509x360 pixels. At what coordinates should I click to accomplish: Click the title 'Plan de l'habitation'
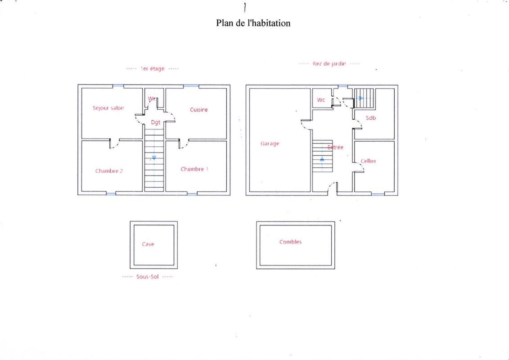pos(253,23)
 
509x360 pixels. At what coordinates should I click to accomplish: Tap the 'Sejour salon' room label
pos(108,108)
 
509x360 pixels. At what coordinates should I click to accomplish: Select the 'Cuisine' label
pos(198,110)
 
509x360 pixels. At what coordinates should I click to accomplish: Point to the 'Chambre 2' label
pos(109,171)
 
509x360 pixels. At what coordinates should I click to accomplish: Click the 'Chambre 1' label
pos(194,169)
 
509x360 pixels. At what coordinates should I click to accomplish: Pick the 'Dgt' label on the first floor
pos(156,122)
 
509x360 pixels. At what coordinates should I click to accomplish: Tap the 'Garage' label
pos(270,144)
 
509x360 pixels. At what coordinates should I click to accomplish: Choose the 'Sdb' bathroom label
pos(371,118)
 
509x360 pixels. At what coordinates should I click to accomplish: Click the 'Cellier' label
pos(368,161)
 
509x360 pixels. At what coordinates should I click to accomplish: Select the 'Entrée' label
pos(335,147)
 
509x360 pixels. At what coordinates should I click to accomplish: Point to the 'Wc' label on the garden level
pos(320,100)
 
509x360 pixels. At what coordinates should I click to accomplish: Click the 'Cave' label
pos(148,244)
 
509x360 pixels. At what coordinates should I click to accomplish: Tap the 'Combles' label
pos(290,242)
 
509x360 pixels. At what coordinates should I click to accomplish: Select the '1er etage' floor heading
pos(152,69)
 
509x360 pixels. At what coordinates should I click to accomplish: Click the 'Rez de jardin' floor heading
pos(329,64)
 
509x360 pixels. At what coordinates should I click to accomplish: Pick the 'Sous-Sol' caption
pos(147,277)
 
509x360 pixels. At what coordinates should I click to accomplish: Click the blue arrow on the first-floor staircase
pos(154,157)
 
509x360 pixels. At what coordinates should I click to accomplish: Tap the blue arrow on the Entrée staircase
pos(322,159)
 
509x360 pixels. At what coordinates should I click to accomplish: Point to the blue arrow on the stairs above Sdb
pos(361,98)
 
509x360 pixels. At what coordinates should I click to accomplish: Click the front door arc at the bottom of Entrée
pos(332,187)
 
